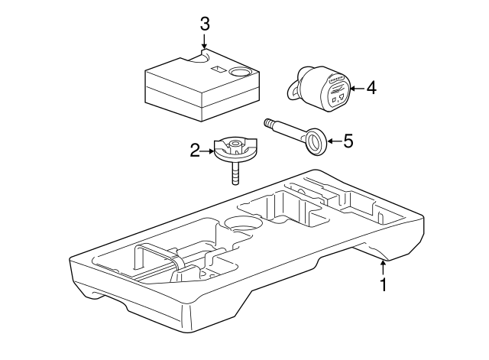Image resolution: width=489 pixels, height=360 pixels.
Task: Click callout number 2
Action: click(195, 151)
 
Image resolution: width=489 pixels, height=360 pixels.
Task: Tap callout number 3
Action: click(205, 24)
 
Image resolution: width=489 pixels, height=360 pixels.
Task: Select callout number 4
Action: click(371, 88)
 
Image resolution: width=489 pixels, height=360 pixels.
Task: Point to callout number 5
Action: click(348, 141)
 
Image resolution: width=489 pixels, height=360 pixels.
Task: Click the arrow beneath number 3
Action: click(204, 41)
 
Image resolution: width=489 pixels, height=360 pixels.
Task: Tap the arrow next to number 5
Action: click(335, 141)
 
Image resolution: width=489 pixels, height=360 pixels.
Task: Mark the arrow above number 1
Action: click(384, 268)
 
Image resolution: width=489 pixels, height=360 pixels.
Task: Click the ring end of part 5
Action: click(316, 141)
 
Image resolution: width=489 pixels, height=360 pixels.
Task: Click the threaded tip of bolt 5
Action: click(268, 122)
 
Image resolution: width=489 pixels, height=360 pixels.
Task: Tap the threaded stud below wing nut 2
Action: click(235, 174)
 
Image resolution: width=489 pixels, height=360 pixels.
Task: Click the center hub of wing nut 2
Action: click(235, 144)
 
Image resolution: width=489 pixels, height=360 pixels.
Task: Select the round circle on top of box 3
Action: click(239, 72)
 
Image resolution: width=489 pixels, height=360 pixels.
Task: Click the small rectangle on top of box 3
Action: click(218, 70)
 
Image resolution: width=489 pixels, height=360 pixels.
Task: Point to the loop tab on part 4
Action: click(293, 92)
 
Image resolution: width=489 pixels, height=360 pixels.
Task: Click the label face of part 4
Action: click(336, 93)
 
